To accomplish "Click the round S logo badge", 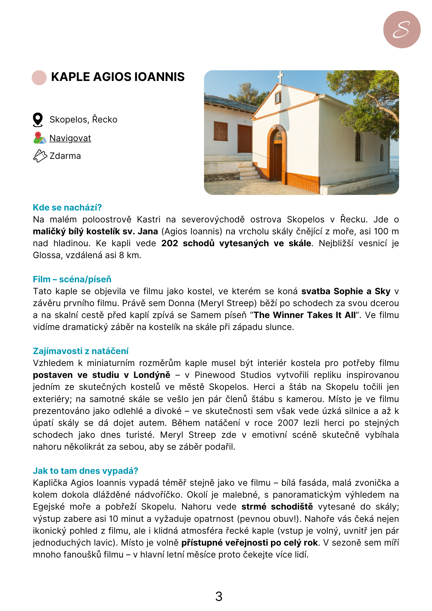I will (402, 30).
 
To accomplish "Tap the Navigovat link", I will (70, 138).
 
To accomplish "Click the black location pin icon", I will (38, 119).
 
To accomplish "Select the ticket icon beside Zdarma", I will (40, 156).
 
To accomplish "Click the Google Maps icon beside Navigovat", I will (39, 138).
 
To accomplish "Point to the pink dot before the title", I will (39, 78).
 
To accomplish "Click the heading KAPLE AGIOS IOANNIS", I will (118, 77).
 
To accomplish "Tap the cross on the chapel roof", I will (280, 77).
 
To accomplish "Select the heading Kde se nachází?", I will (67, 207).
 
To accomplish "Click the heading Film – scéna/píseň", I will (72, 279).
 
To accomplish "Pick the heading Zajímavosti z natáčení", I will (81, 351).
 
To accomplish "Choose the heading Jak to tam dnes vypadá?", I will (86, 471).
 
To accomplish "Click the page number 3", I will (219, 597).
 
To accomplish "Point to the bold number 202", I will (170, 243).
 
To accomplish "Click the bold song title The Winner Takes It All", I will (305, 315).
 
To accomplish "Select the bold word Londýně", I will (152, 375).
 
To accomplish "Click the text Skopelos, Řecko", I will (83, 119).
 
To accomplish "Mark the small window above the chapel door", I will (278, 97).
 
